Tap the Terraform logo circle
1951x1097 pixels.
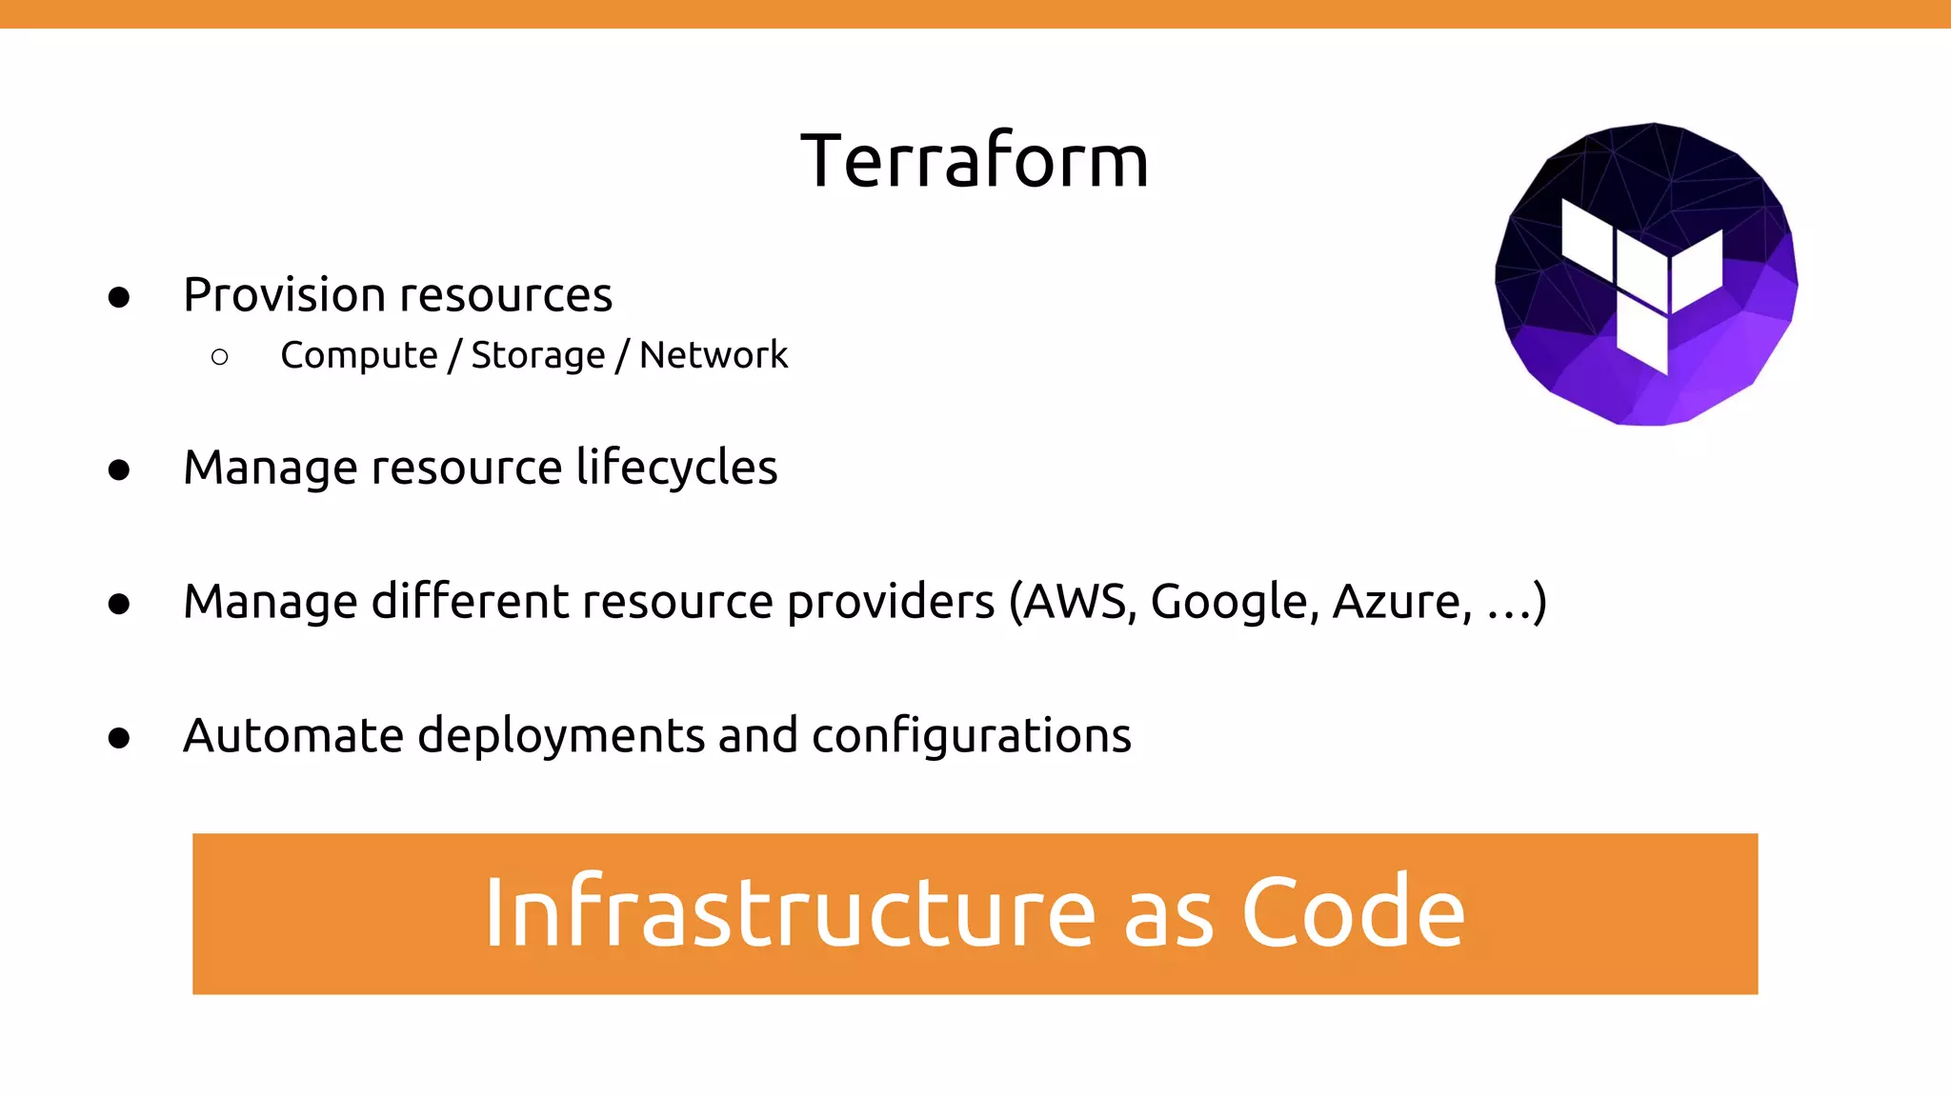1646,274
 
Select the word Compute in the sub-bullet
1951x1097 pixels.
359,355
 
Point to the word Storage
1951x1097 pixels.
538,355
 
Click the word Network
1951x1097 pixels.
714,355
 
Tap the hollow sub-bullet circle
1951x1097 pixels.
220,357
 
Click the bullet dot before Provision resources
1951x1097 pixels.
119,298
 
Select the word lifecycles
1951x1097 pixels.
677,468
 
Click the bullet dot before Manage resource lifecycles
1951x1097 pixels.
119,470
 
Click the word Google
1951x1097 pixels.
1235,602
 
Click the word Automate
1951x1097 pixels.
293,736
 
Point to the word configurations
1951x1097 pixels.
972,736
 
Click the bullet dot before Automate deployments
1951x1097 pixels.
119,739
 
